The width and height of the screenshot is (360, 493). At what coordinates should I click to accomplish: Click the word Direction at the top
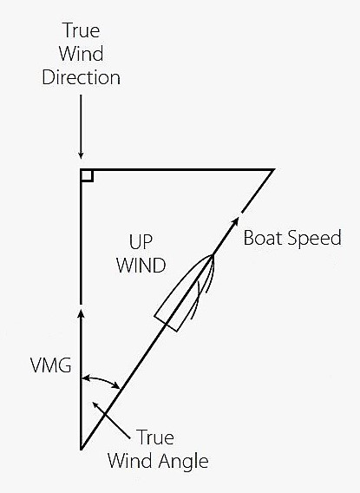81,77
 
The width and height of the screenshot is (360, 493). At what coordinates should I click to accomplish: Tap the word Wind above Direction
81,54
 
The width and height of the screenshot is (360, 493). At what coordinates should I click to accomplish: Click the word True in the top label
82,30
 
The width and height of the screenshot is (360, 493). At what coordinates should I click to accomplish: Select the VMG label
51,365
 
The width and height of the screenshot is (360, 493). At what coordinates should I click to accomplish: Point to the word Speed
314,238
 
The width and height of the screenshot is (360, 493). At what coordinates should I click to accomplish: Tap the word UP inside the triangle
141,242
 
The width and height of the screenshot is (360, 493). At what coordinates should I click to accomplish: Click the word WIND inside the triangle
141,265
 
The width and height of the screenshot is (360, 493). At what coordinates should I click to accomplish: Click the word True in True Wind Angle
155,437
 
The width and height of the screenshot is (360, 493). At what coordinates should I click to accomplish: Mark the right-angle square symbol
87,175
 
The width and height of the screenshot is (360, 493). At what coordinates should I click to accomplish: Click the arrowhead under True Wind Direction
81,155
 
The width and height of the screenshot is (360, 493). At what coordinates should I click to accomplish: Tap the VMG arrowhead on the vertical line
81,314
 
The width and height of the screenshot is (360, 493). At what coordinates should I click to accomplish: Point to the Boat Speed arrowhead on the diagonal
235,221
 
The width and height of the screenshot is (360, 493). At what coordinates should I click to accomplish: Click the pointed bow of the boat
213,256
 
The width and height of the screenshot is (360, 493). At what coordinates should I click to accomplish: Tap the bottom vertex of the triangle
81,450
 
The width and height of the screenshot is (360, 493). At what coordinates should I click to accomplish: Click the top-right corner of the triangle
274,170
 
